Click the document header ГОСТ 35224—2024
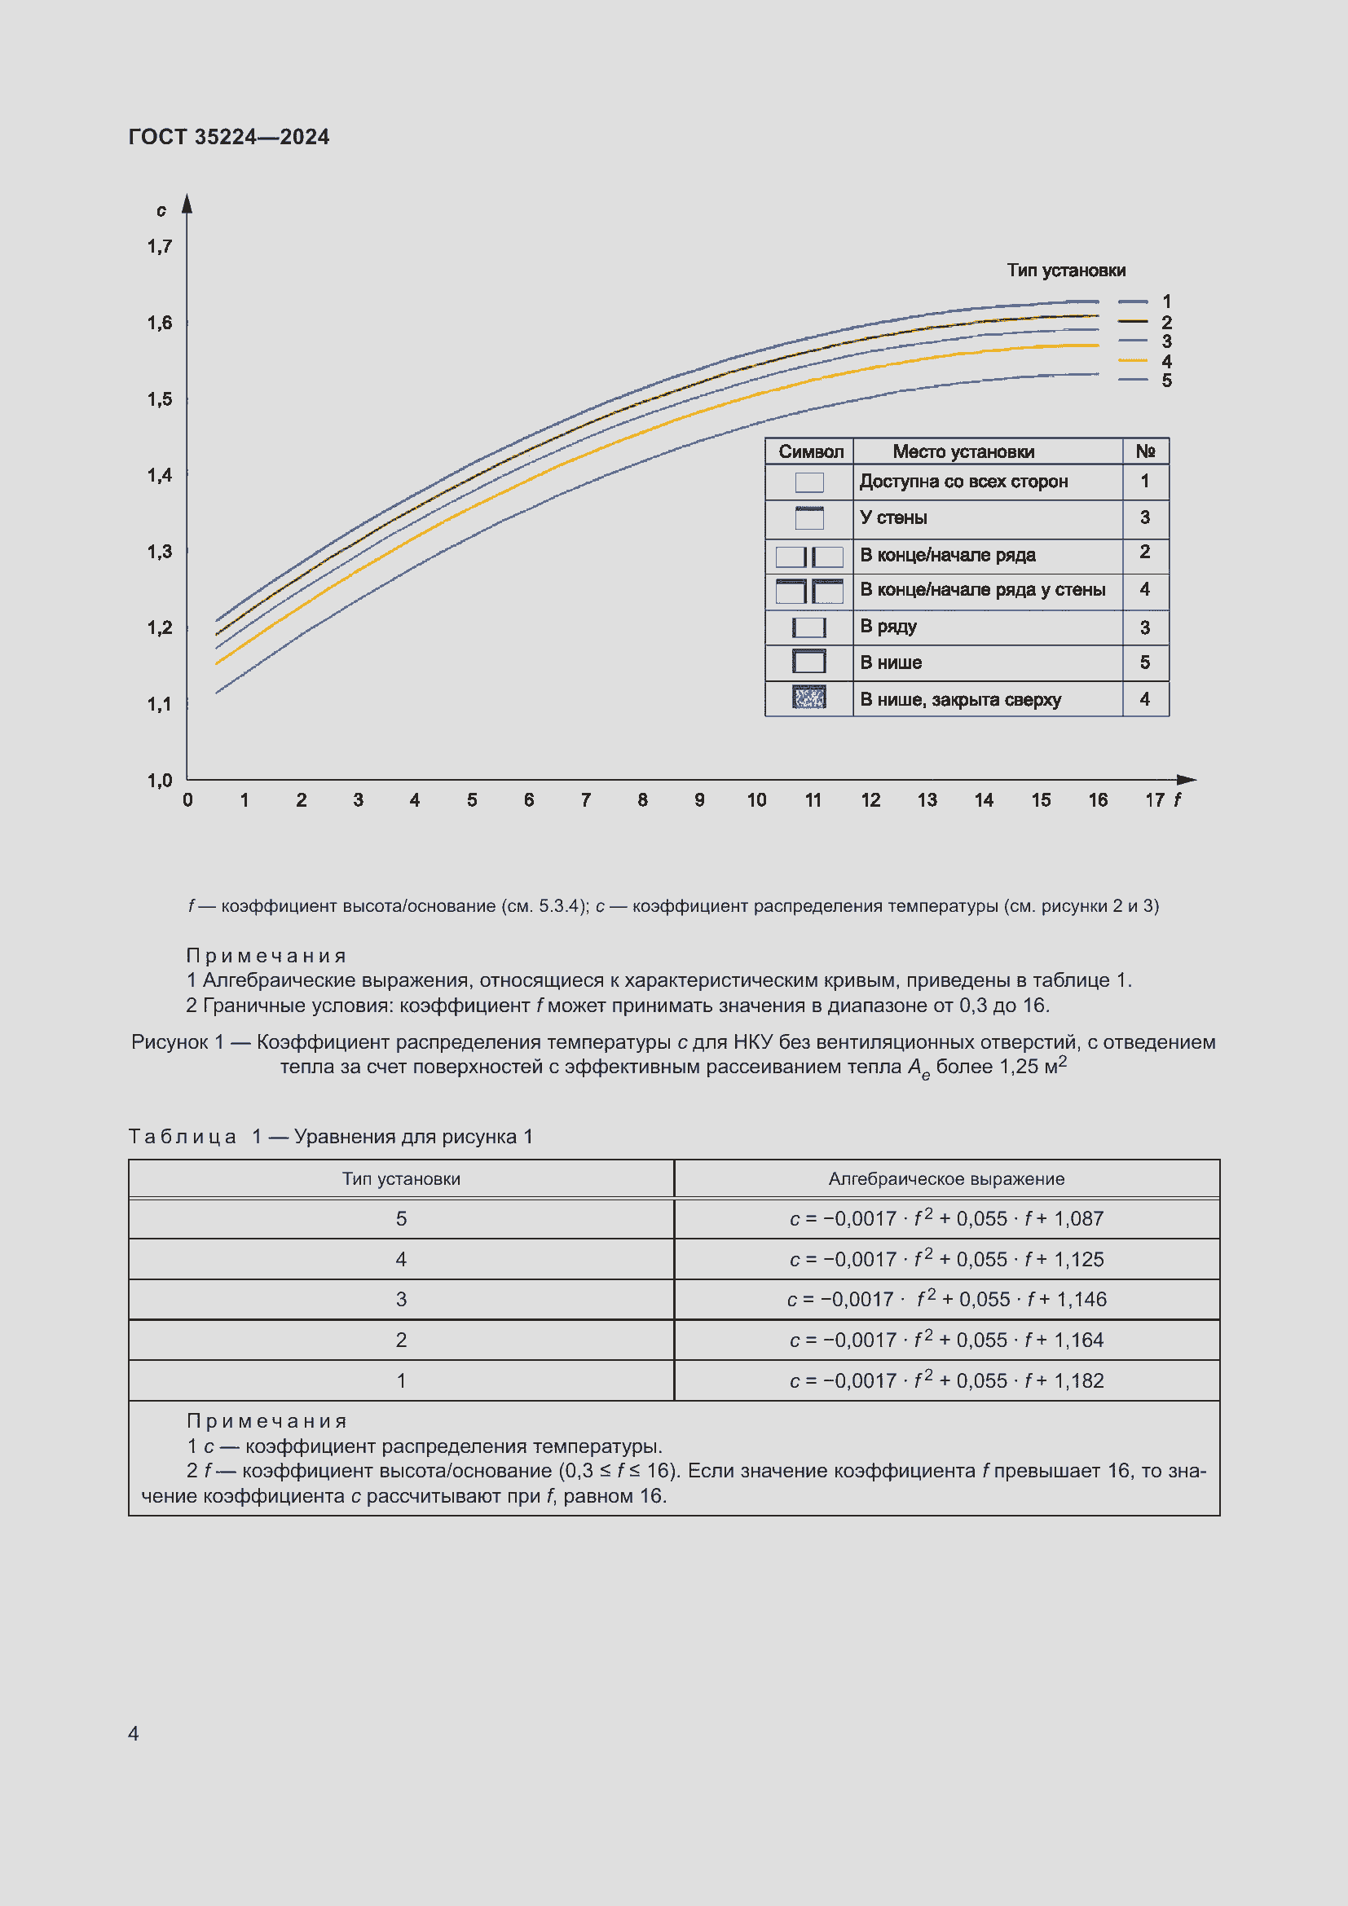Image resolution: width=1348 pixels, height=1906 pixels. (x=228, y=137)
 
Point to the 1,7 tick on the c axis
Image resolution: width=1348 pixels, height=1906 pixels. (x=160, y=247)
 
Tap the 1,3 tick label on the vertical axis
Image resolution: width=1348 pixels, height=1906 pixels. (x=160, y=552)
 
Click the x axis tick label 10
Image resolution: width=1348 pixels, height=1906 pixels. (x=756, y=800)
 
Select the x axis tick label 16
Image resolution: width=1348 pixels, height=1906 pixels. (x=1097, y=800)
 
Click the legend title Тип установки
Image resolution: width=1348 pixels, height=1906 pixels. (x=1066, y=271)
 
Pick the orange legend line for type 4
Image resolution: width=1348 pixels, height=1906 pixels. (x=1132, y=361)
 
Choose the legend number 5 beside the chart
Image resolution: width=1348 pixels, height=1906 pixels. (x=1166, y=381)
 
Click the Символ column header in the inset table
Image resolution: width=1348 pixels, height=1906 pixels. (x=810, y=452)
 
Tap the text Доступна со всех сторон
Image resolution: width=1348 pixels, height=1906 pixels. (x=963, y=482)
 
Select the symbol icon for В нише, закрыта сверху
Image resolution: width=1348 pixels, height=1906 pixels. (x=809, y=698)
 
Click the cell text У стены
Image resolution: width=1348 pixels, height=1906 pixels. (x=893, y=518)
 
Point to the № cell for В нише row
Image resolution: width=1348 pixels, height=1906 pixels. (x=1144, y=662)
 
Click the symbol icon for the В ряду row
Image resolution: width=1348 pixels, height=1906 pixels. (x=809, y=627)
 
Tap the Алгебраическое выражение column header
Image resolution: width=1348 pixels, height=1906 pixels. (x=946, y=1179)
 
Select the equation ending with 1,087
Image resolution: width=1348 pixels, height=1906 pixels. (x=946, y=1218)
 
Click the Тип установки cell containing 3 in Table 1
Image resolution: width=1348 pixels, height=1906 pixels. (x=401, y=1299)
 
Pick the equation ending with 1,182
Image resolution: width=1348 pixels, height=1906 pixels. (x=946, y=1380)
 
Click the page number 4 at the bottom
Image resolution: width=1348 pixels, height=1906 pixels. (x=134, y=1733)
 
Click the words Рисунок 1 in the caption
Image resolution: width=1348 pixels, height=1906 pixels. (x=178, y=1043)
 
